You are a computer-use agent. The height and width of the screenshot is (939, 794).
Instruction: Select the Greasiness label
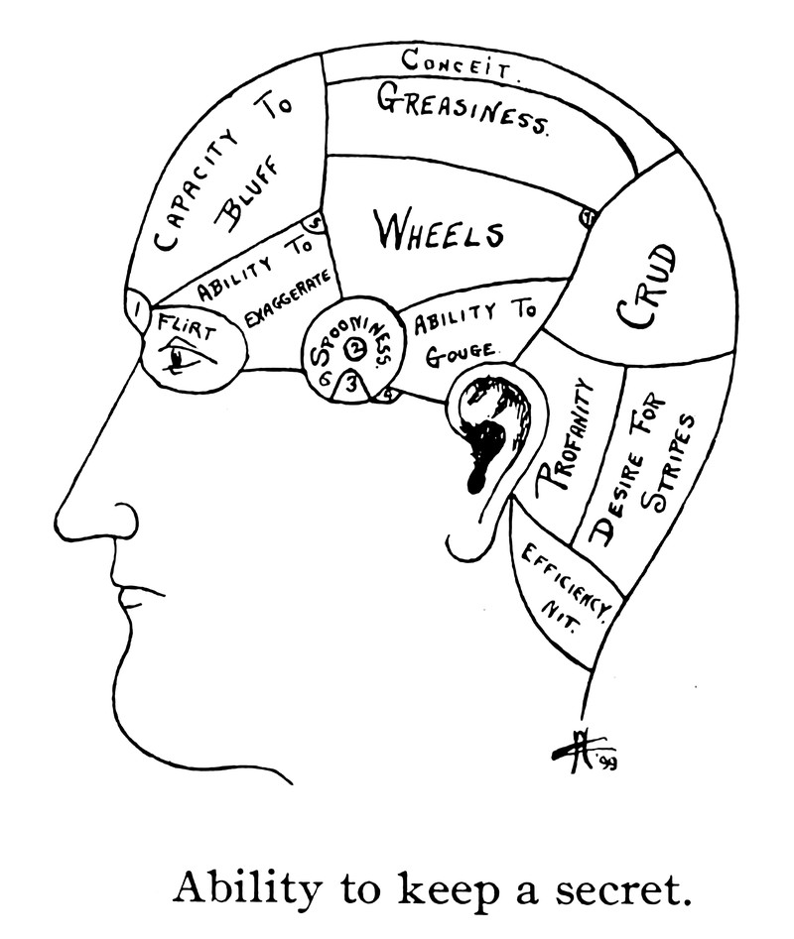click(x=462, y=107)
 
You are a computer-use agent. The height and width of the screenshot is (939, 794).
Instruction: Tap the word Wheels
click(x=438, y=231)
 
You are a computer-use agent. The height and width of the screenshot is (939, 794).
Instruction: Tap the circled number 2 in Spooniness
click(x=355, y=348)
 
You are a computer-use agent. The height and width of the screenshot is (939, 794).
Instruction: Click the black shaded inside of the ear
click(x=486, y=436)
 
